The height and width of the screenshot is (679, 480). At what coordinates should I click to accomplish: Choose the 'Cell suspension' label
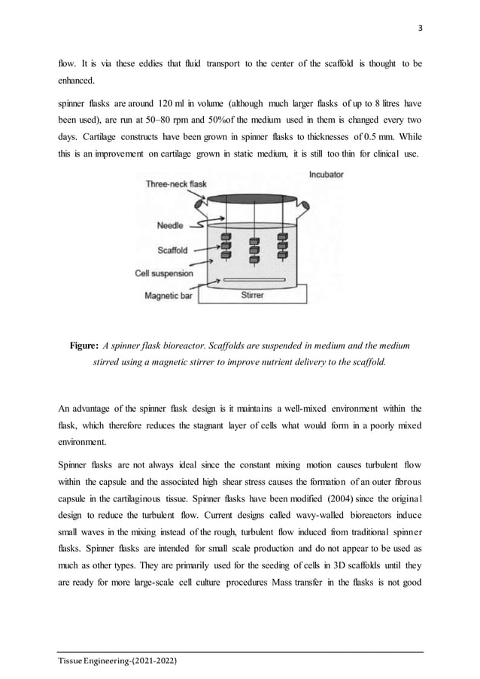pyautogui.click(x=164, y=274)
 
